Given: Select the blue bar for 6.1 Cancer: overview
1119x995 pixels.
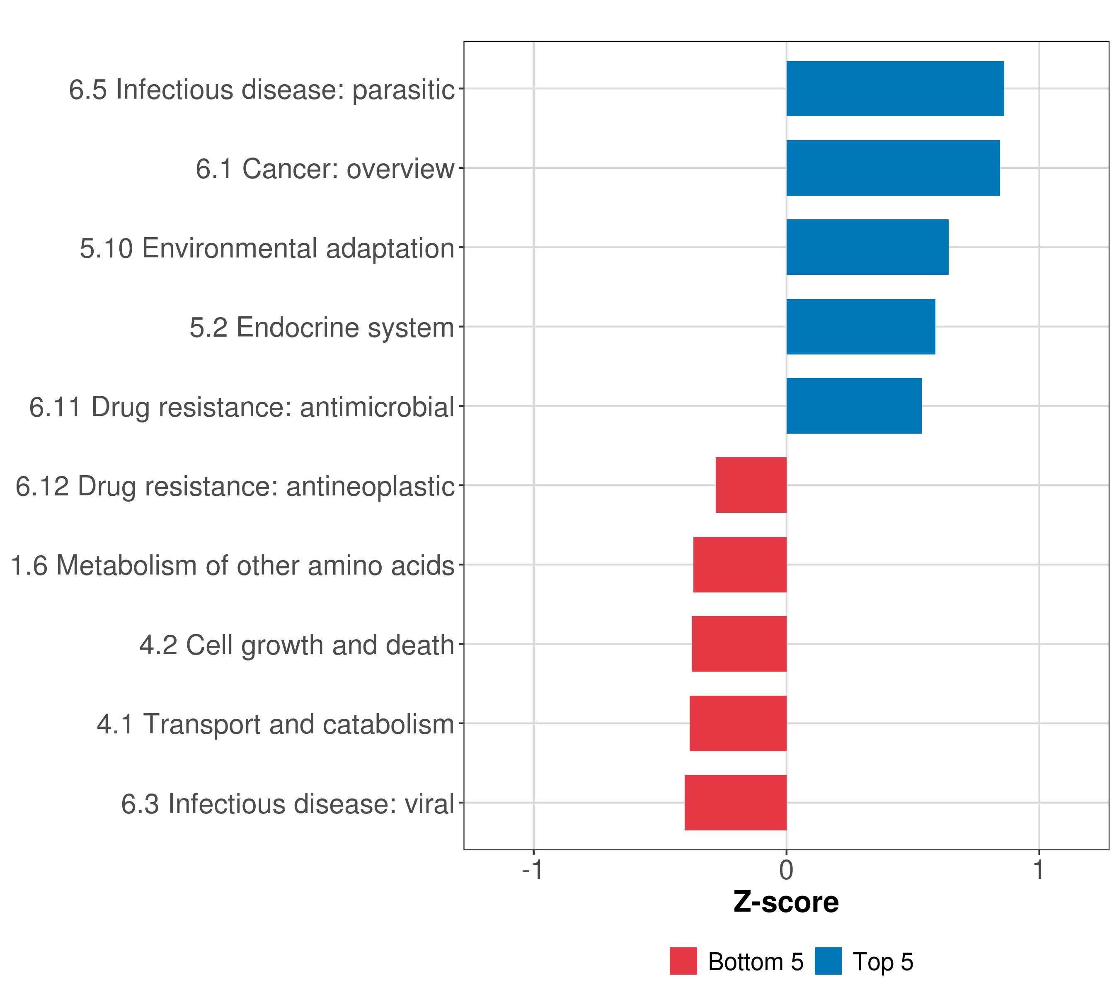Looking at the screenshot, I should click(892, 168).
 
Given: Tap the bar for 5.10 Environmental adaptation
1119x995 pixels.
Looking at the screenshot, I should click(867, 247).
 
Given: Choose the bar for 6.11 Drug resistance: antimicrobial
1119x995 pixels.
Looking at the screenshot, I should click(853, 406).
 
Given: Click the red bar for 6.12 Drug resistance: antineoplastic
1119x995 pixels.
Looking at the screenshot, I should click(751, 485).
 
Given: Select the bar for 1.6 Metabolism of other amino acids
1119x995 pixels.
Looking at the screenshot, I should click(740, 565).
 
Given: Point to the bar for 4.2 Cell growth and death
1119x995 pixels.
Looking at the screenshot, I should click(739, 644).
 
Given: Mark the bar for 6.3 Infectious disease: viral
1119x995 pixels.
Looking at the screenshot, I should click(735, 803).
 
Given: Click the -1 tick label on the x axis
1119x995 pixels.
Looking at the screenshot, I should click(532, 870).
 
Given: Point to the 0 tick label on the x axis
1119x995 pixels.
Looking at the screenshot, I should click(786, 870).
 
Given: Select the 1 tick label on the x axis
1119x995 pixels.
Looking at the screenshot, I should click(1039, 870).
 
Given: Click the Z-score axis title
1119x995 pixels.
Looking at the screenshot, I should click(786, 903).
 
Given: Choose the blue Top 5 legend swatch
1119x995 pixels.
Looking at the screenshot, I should click(828, 961).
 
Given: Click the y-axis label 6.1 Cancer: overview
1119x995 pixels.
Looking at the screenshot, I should click(325, 169).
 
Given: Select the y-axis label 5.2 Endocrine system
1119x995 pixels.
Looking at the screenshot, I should click(322, 328).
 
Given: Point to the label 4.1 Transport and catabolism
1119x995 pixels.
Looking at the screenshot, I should click(275, 724).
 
